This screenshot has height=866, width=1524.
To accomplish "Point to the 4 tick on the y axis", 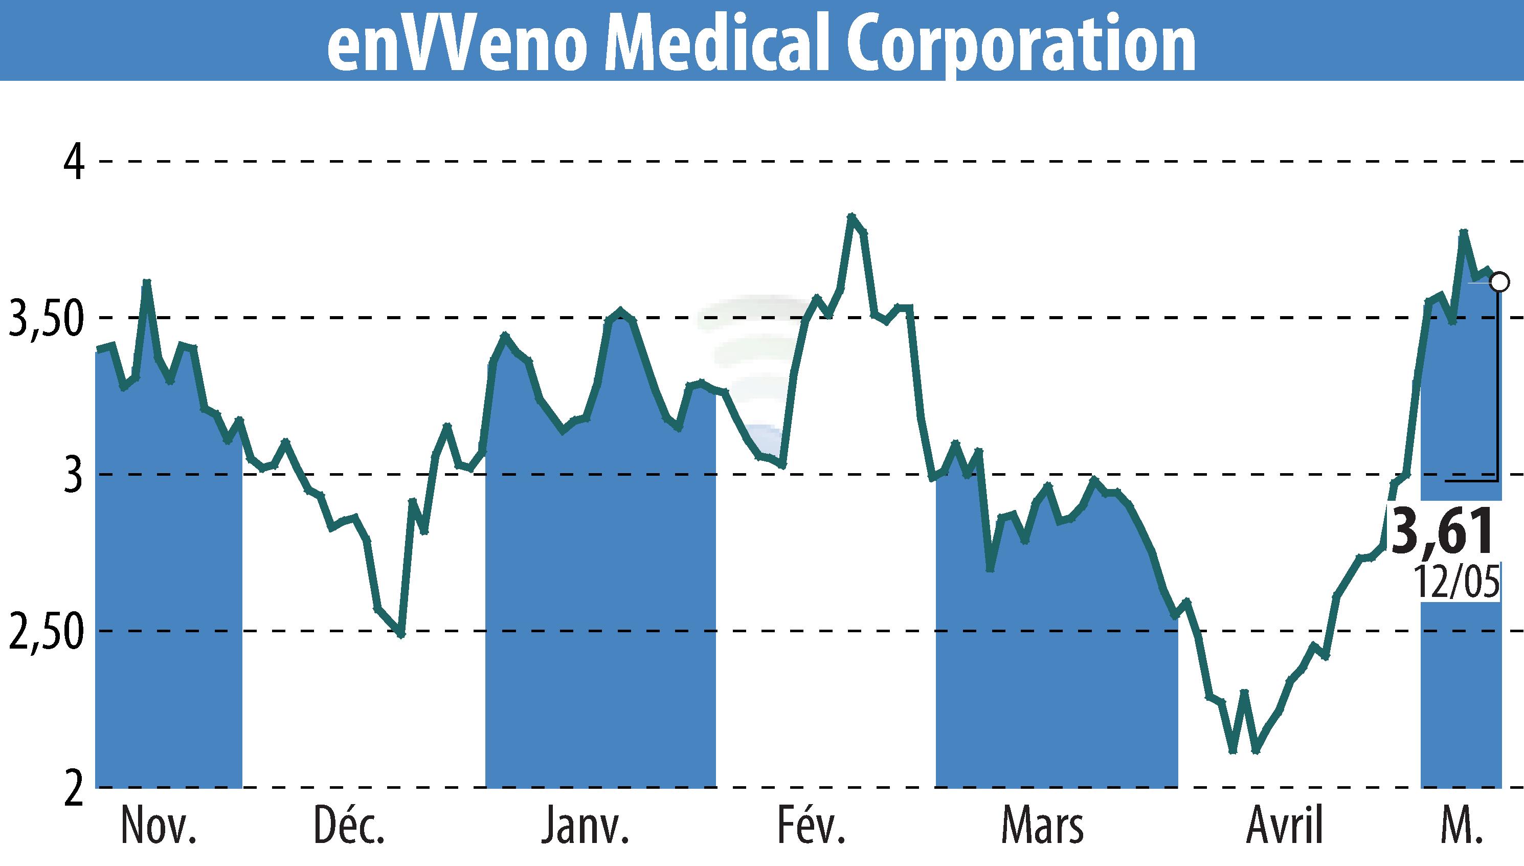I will coord(74,162).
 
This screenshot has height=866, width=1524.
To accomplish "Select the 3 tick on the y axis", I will coord(73,475).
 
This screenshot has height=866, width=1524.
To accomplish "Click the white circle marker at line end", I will coord(1500,282).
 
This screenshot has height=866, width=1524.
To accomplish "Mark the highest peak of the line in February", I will coord(851,216).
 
